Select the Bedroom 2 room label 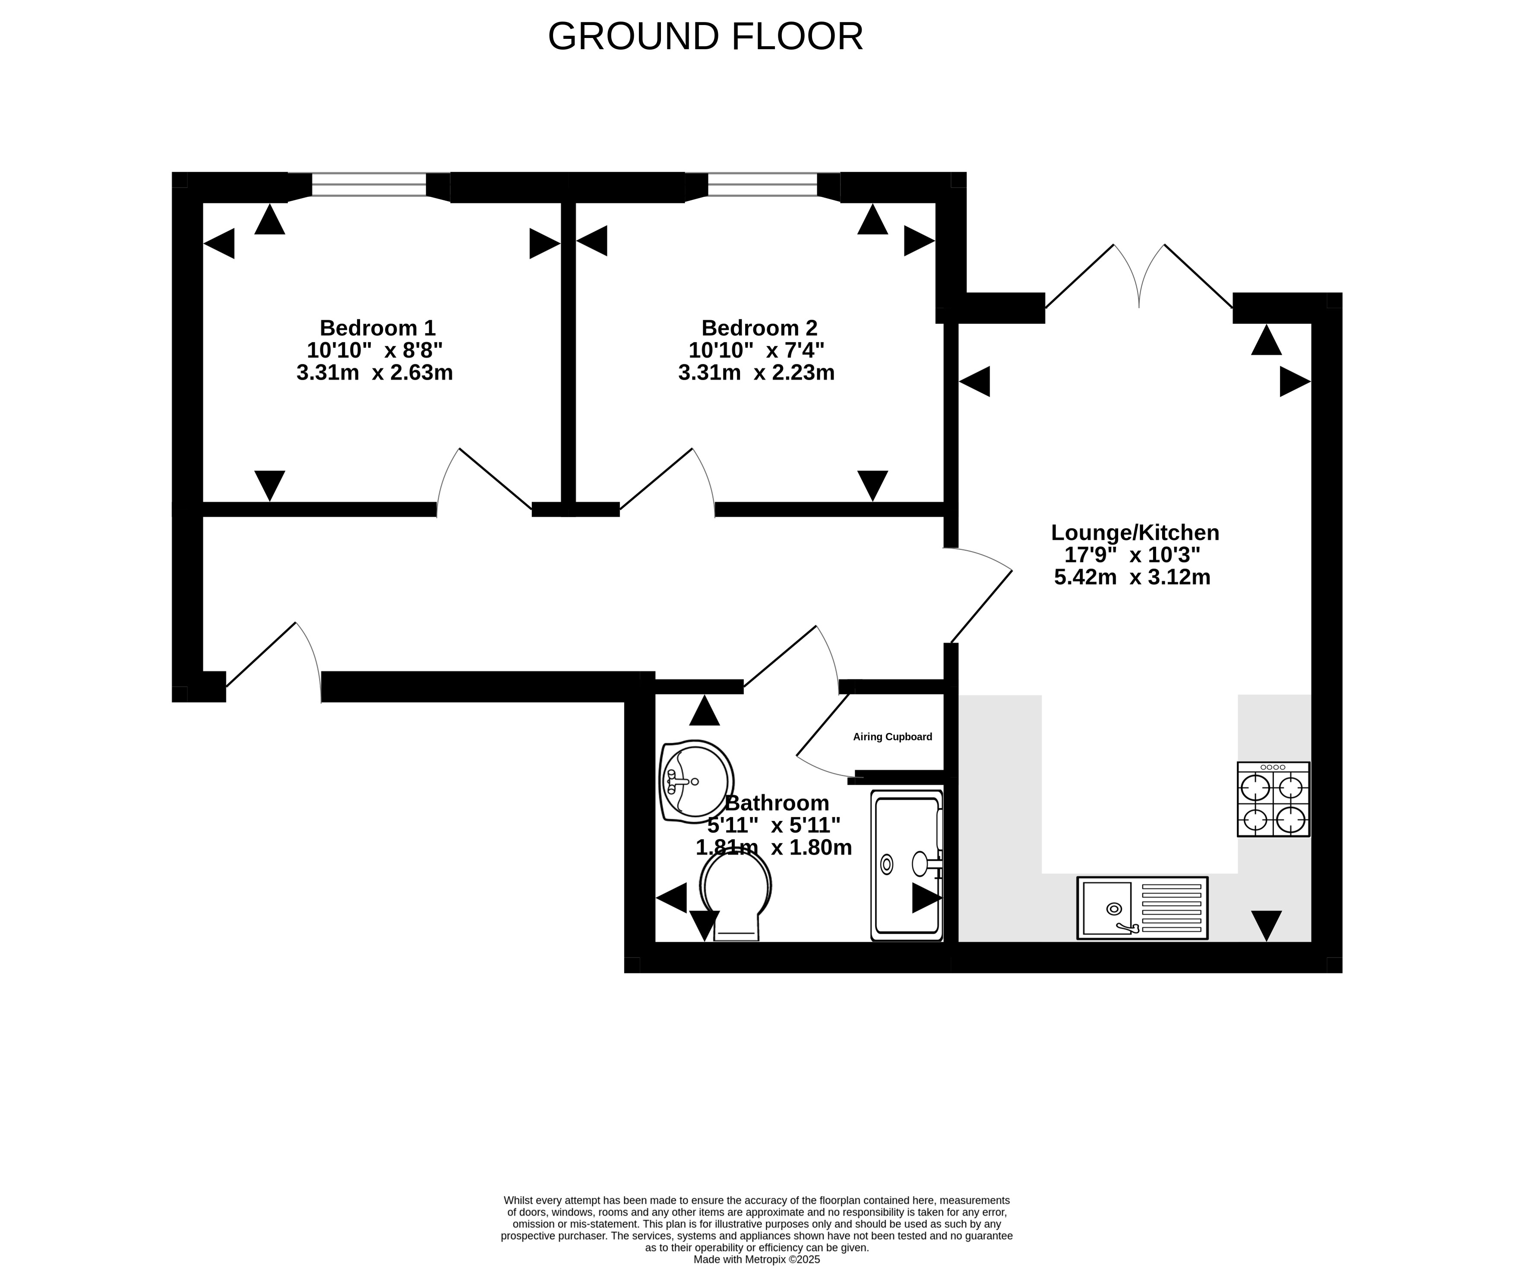point(759,328)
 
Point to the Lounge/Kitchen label point(1135,533)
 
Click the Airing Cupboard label point(892,737)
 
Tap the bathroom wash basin point(696,782)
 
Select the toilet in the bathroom point(735,894)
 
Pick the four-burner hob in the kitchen point(1273,799)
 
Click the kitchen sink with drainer point(1142,908)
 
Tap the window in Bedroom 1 point(369,185)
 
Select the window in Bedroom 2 point(763,185)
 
